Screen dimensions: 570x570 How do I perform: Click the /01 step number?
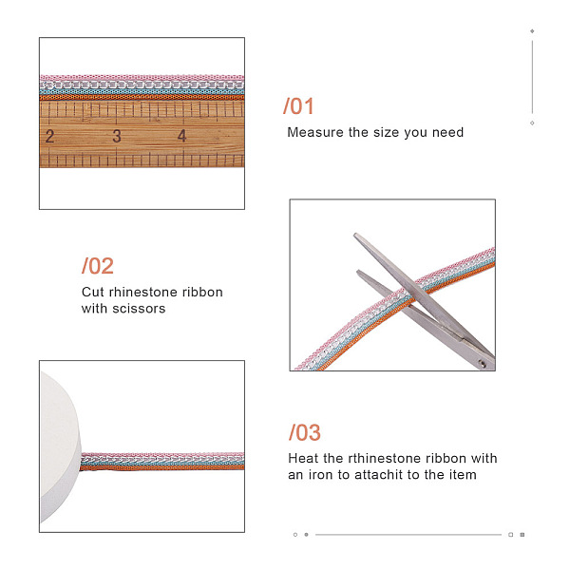298,106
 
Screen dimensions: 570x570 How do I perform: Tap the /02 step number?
98,266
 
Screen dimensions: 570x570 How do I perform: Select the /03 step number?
305,432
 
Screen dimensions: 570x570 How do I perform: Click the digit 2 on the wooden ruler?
49,136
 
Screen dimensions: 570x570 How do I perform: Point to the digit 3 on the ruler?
116,136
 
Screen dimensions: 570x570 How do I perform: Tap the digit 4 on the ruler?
181,136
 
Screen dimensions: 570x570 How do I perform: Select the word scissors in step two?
139,309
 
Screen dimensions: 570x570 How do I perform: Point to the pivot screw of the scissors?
483,363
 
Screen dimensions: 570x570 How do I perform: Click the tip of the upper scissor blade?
355,235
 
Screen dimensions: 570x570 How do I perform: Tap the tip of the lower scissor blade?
358,272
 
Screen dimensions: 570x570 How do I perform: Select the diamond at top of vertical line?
532,31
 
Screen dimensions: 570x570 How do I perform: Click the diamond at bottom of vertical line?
532,123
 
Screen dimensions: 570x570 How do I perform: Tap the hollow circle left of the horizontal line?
295,534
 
